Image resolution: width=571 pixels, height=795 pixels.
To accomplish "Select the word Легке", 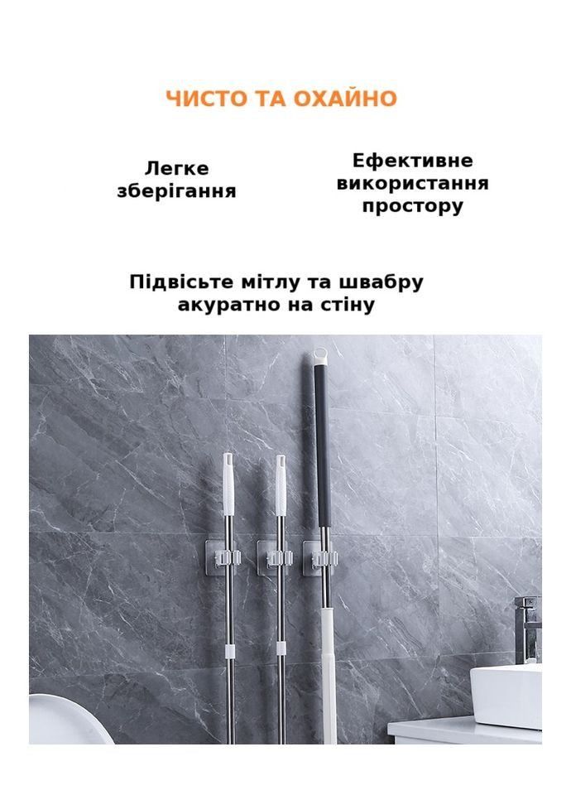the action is [x=177, y=168].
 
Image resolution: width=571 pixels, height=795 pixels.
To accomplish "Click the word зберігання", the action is [x=177, y=191].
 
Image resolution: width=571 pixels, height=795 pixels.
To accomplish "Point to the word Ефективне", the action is [x=412, y=161].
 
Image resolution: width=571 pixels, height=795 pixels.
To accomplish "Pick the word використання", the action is [x=412, y=183].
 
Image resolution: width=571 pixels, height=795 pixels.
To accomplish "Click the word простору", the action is [x=412, y=207].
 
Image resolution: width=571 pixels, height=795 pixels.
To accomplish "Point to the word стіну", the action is [x=347, y=306].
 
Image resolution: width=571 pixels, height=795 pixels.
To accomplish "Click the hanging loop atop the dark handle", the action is [x=321, y=356].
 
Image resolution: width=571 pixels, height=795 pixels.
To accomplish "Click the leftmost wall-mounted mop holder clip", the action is [x=223, y=557].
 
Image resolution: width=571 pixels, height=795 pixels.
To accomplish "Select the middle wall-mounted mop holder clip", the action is [x=274, y=557].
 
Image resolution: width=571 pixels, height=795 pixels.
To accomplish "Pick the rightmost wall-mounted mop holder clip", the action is [x=320, y=557].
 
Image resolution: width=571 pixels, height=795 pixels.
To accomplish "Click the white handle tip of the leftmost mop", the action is [x=228, y=484].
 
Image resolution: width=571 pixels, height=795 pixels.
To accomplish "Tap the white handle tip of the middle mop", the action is [x=281, y=485].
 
